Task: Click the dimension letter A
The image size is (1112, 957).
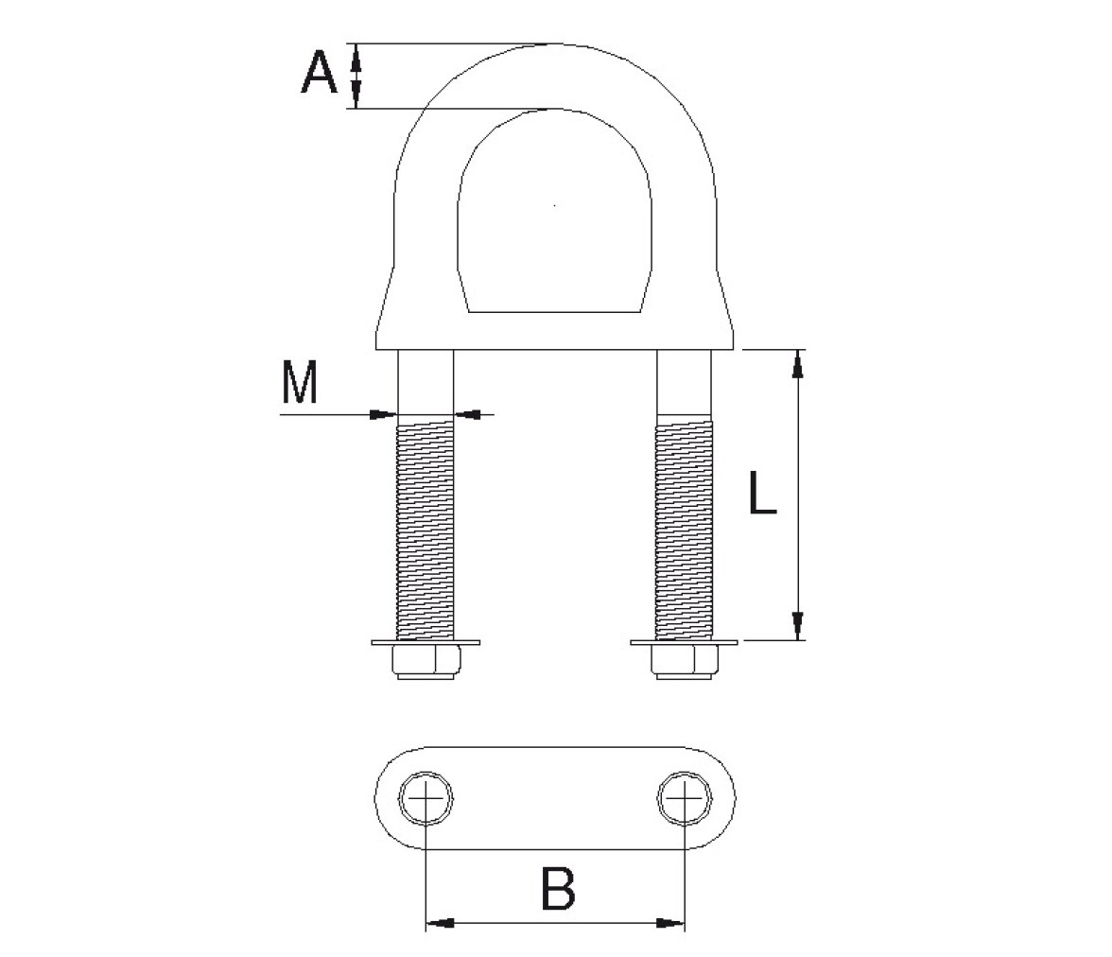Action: tap(320, 74)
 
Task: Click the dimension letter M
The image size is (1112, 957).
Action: tap(299, 382)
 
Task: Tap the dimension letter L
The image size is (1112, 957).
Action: tap(763, 493)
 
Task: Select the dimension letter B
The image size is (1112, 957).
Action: tap(558, 887)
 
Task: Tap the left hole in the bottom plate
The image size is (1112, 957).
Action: tap(426, 798)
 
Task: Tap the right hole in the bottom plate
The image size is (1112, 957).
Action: tap(685, 798)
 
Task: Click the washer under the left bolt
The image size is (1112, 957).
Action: tap(426, 643)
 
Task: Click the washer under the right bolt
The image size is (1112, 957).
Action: tap(685, 643)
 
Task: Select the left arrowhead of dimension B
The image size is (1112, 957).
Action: tap(440, 923)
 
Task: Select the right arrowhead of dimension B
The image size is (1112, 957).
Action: tap(670, 923)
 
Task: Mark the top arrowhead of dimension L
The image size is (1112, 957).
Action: tap(798, 365)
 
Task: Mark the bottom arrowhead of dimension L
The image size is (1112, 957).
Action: tap(798, 625)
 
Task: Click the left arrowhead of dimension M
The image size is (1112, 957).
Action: tap(384, 413)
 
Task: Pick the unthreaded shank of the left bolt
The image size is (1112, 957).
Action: tap(426, 387)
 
